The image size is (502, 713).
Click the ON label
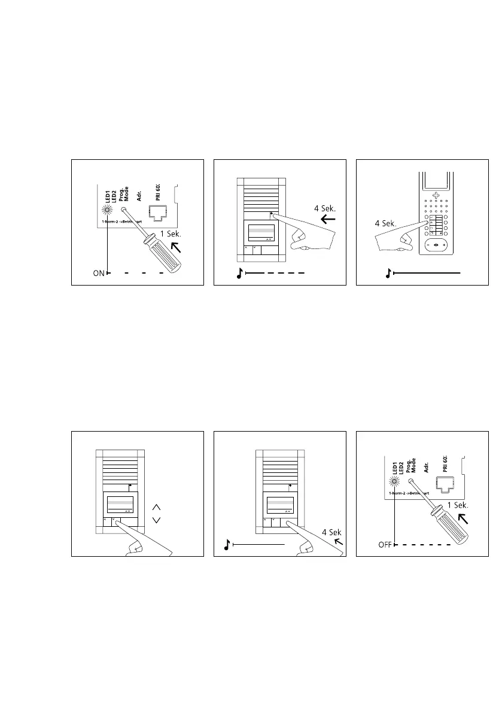coord(98,274)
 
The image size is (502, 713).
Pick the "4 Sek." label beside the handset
coord(387,223)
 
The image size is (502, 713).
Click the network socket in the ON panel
coord(156,211)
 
